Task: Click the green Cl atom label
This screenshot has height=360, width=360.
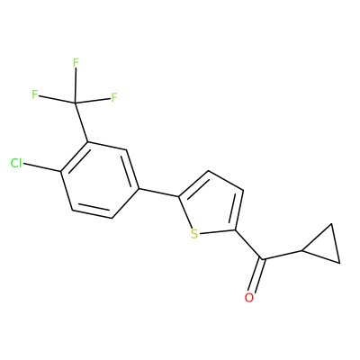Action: (x=16, y=164)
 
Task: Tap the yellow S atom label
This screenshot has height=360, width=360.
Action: (x=194, y=234)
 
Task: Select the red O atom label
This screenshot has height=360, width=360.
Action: (x=249, y=298)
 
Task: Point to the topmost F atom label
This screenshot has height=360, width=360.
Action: (x=76, y=63)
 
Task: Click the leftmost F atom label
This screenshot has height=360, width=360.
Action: (x=35, y=94)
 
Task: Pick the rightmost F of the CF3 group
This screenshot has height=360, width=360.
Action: (x=114, y=97)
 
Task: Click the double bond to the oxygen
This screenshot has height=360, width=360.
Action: (x=257, y=275)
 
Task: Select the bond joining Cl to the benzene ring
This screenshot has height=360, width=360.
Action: (x=41, y=167)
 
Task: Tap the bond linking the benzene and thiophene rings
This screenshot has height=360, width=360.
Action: (x=158, y=193)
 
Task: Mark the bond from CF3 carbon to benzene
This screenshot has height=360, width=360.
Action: (x=81, y=122)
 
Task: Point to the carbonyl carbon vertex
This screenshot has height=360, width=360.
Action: (x=263, y=259)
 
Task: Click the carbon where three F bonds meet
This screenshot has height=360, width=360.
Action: (x=75, y=103)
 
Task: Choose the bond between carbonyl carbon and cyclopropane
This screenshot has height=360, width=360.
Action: (x=283, y=255)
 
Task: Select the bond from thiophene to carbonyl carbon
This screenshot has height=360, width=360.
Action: (x=249, y=245)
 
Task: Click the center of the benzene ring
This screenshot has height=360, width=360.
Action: (x=100, y=180)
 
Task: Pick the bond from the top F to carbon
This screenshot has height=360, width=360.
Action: (x=76, y=85)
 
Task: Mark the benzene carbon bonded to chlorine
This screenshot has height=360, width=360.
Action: (x=61, y=172)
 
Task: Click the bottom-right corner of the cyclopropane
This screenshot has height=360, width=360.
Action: (x=339, y=263)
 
